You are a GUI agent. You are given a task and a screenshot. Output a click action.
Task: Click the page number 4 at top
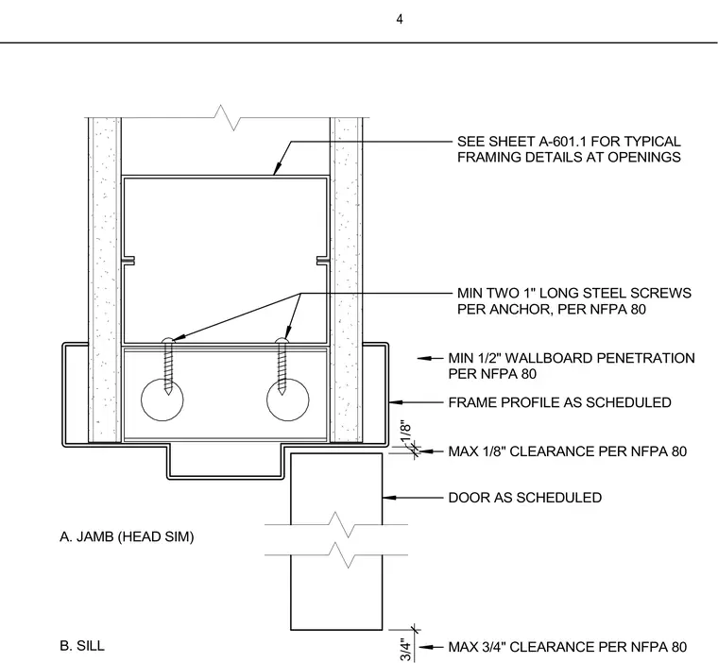click(x=400, y=19)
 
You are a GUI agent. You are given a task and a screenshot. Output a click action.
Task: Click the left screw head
click(x=168, y=340)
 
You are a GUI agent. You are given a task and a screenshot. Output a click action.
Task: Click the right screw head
click(x=282, y=340)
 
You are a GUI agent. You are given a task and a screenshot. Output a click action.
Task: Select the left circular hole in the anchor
click(x=162, y=399)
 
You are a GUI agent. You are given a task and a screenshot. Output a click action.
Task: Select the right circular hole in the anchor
click(x=287, y=399)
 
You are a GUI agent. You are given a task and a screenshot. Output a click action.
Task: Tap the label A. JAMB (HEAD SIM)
click(x=127, y=536)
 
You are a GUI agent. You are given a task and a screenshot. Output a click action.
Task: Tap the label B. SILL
click(x=82, y=646)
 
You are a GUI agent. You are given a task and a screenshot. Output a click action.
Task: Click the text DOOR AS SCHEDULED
click(x=524, y=498)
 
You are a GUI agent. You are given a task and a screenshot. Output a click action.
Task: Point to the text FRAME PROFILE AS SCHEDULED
click(x=559, y=402)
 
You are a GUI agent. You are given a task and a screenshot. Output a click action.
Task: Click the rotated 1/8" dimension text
click(x=405, y=433)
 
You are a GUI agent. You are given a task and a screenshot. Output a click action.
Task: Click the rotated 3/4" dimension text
click(x=405, y=650)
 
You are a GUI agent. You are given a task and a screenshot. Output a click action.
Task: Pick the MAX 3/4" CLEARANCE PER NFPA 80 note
click(x=568, y=647)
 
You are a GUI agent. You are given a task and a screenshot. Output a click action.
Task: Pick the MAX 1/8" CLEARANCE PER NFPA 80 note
click(x=568, y=451)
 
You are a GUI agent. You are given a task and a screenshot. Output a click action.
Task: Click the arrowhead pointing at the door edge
click(x=389, y=498)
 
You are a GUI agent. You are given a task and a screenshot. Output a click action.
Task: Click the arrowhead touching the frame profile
click(x=396, y=402)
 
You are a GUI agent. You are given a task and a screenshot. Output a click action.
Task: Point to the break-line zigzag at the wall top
click(x=228, y=118)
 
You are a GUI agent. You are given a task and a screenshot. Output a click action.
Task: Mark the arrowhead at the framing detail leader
click(x=277, y=169)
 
